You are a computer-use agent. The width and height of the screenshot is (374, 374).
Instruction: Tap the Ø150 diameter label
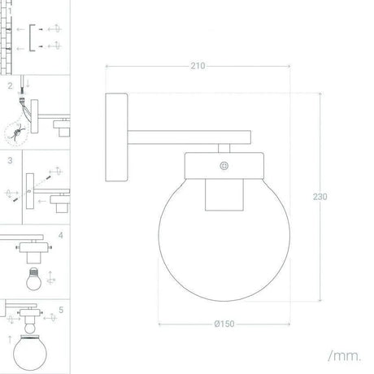pyautogui.click(x=225, y=324)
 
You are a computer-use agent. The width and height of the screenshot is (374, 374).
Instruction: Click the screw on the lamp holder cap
pyautogui.click(x=224, y=165)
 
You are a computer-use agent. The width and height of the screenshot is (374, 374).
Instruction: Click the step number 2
pyautogui.click(x=9, y=85)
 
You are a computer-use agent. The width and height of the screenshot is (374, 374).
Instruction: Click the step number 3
pyautogui.click(x=9, y=160)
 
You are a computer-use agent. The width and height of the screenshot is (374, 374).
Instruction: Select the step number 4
pyautogui.click(x=60, y=237)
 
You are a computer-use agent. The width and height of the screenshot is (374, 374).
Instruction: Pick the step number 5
pyautogui.click(x=60, y=310)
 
